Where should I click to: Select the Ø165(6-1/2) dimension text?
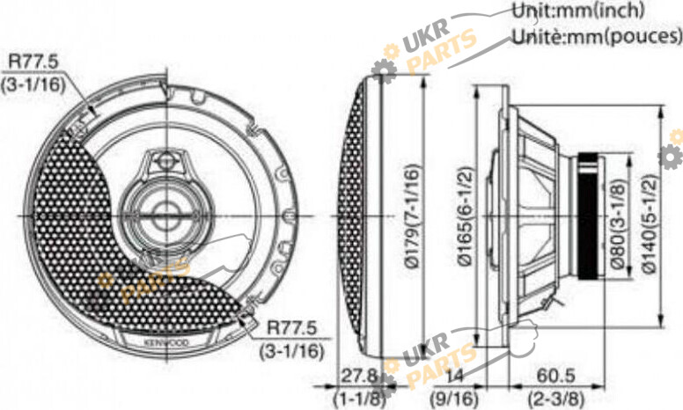[x=466, y=216]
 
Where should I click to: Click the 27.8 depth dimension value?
[x=358, y=376]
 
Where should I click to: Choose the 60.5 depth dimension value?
[x=555, y=376]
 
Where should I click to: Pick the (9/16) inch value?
[x=454, y=398]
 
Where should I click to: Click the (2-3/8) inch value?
[x=555, y=398]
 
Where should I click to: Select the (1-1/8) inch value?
[x=358, y=398]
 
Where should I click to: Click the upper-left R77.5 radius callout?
[x=33, y=62]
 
